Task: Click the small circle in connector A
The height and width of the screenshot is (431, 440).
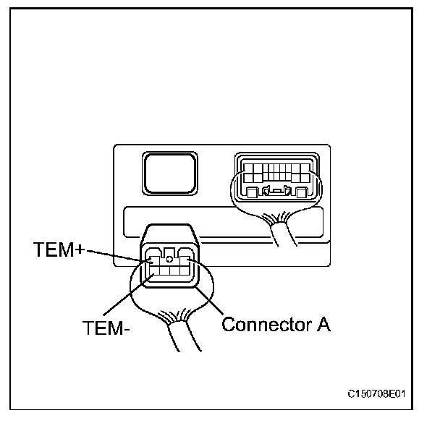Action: point(169,258)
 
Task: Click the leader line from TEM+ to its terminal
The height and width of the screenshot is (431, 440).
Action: point(116,254)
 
